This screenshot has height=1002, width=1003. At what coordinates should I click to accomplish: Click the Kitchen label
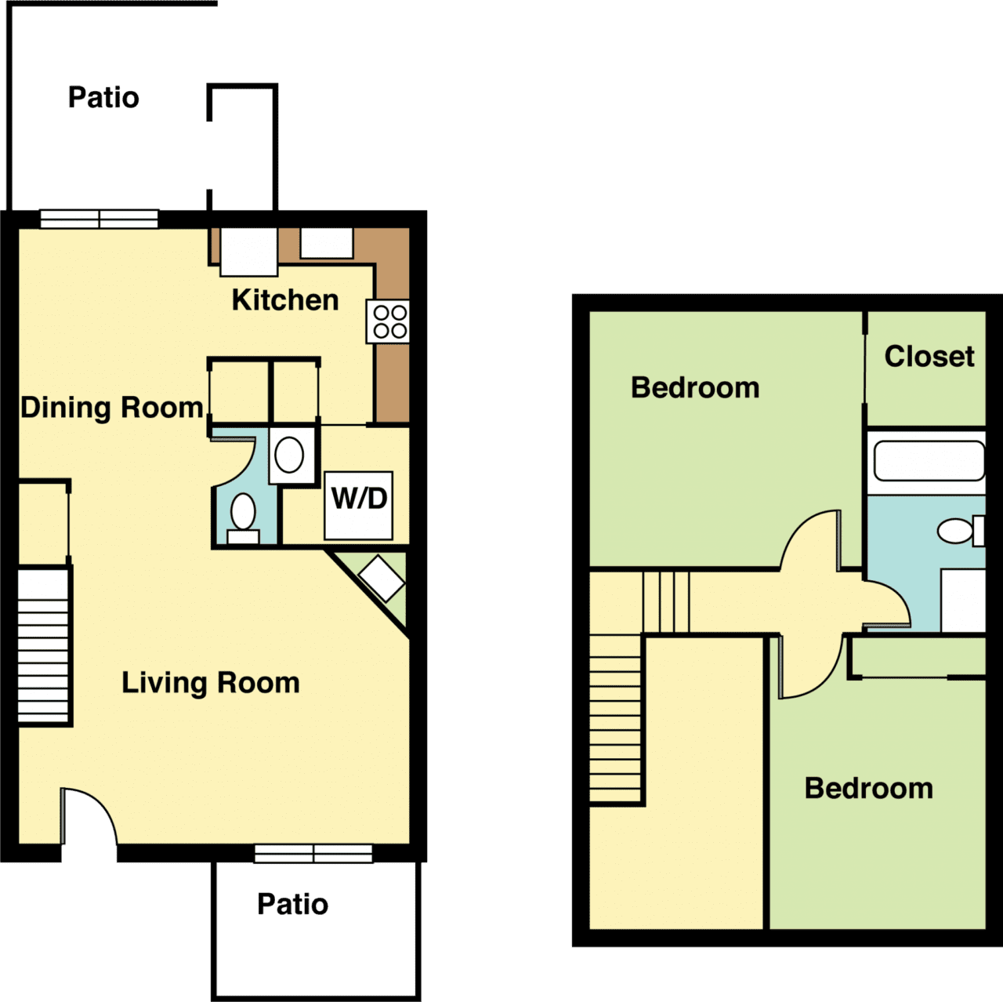tap(285, 300)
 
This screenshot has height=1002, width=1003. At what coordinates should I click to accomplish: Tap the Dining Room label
tap(112, 408)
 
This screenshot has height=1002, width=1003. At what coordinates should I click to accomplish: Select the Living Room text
tap(210, 683)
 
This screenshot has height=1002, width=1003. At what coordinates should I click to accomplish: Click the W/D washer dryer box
tap(359, 505)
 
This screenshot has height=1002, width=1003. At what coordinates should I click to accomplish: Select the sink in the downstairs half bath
tap(289, 455)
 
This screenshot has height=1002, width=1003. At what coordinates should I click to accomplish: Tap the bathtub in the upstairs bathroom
tap(929, 461)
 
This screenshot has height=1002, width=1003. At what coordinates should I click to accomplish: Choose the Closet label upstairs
tap(929, 357)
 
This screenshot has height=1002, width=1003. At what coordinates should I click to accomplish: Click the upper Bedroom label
tap(695, 388)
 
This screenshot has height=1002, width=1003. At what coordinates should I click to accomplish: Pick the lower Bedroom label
tap(868, 789)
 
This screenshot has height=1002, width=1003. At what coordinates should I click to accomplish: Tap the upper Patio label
tap(103, 98)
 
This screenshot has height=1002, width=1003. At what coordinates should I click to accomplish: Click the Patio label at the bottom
tap(293, 905)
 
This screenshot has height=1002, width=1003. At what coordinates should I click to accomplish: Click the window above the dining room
tap(100, 219)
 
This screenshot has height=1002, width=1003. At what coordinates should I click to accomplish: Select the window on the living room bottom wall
tap(313, 853)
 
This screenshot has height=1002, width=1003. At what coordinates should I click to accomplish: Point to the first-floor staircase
tap(45, 644)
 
